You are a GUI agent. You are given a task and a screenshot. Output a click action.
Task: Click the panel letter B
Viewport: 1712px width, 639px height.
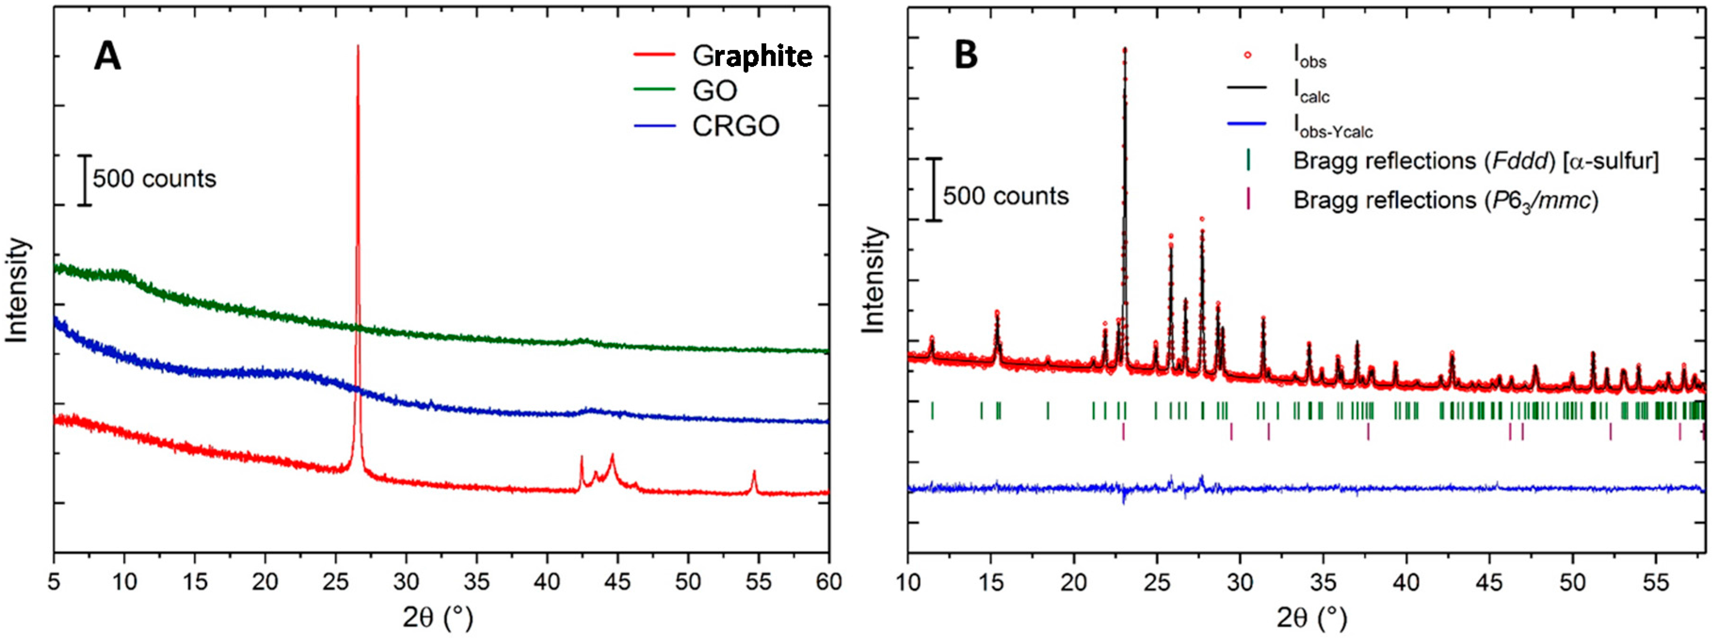pos(966,56)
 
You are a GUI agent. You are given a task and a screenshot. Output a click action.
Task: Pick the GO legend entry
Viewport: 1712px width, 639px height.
pos(714,91)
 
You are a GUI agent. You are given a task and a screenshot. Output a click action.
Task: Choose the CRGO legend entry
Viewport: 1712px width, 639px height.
pos(735,126)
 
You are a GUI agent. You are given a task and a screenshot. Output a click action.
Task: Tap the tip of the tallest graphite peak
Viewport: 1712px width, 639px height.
pos(358,47)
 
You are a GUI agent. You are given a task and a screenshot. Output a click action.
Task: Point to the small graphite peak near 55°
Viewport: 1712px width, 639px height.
pos(754,473)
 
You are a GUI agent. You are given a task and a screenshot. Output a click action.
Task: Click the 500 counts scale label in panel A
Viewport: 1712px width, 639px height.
pos(154,179)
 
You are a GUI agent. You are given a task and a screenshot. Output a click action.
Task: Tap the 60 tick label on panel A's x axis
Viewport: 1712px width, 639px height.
pos(828,582)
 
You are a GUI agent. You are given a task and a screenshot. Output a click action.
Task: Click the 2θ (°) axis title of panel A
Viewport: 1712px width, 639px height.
pos(438,618)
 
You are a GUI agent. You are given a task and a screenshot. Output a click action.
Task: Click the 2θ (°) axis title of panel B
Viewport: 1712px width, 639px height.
pos(1311,618)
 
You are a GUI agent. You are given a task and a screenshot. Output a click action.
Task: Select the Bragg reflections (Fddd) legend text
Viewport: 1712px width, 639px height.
pos(1475,161)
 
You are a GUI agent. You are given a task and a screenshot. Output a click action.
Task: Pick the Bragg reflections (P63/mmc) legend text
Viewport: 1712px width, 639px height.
pos(1446,200)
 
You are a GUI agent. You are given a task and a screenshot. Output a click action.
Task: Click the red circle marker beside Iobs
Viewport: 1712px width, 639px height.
pos(1248,55)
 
